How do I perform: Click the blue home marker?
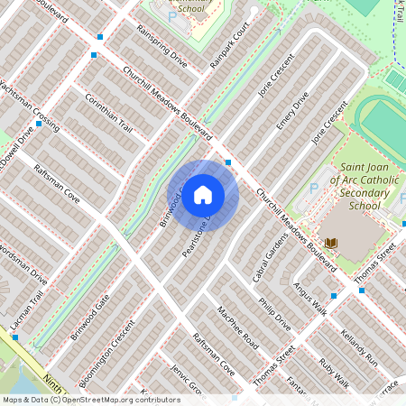[x=203, y=195]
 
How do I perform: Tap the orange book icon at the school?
[x=331, y=244]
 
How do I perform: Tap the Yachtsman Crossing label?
[x=30, y=106]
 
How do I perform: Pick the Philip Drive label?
[x=274, y=309]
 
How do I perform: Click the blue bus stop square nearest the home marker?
[x=228, y=162]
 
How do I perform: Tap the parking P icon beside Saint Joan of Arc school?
[x=314, y=189]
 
